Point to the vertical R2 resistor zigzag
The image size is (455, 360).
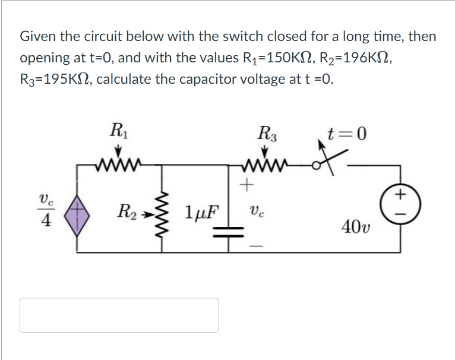163,211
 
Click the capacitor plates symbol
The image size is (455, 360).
230,230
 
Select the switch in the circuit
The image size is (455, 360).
325,164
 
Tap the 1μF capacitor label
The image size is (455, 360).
200,211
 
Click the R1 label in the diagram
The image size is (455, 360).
118,130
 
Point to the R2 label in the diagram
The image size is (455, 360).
128,211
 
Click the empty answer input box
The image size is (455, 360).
119,315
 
